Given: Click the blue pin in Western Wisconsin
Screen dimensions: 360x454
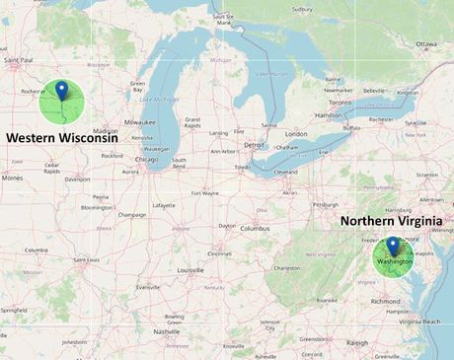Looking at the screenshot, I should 62,91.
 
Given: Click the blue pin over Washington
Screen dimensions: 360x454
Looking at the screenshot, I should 392,246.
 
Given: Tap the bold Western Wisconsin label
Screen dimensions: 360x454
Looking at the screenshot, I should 68,138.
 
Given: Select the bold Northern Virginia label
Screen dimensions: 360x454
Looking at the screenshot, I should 394,221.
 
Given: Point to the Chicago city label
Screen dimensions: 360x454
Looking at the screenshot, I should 147,158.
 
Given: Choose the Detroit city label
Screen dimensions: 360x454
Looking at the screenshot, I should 255,144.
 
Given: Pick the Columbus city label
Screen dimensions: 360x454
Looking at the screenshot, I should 255,228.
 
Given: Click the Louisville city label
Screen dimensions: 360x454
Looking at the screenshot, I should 190,269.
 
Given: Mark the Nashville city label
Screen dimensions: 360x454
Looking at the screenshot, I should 167,331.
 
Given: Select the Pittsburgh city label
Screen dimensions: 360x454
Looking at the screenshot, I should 325,204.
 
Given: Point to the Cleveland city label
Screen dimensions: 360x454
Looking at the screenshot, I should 285,172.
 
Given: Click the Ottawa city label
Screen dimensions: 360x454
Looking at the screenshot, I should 425,44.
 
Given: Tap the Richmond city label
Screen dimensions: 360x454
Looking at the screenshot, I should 386,301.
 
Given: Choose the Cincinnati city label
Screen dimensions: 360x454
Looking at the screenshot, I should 220,253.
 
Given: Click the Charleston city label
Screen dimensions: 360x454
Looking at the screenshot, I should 287,267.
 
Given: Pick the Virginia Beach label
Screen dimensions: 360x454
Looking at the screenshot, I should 419,322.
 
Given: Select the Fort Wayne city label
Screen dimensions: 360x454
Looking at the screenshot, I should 205,193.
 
